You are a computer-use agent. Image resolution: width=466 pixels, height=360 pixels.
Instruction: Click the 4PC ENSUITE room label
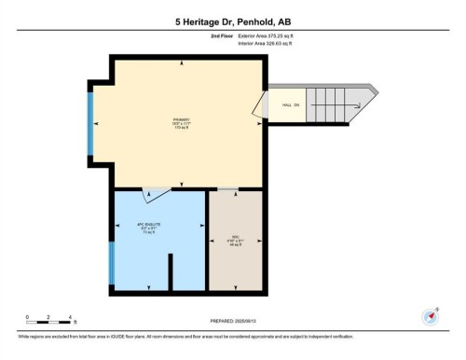[150, 227]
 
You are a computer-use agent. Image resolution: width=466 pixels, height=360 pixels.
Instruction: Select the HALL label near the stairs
[290, 105]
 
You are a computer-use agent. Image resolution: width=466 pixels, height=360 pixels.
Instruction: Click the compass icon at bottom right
[431, 316]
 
